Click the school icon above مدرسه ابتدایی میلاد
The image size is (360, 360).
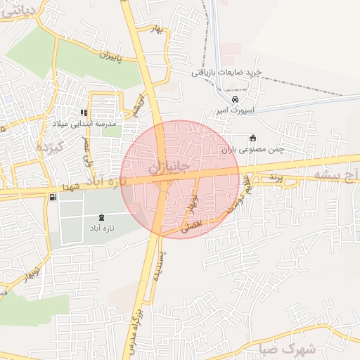[x=84, y=112]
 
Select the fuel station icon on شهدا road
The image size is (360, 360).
[x=53, y=196]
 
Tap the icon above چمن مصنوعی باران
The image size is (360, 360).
[x=252, y=138]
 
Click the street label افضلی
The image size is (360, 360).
[x=192, y=225]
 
